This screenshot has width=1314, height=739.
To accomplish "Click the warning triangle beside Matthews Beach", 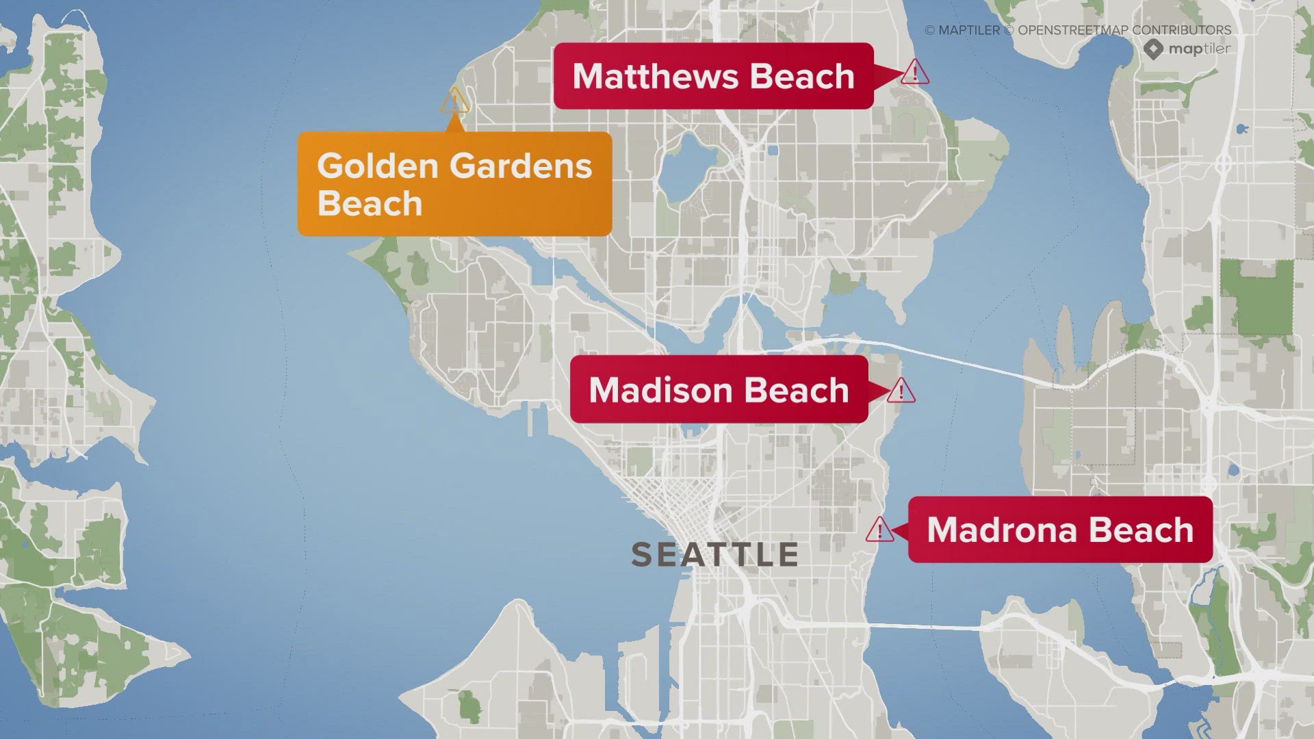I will (x=914, y=72).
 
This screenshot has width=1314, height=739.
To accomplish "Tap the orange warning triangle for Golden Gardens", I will (x=454, y=102).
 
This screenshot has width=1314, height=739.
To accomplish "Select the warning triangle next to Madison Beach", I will (x=901, y=391).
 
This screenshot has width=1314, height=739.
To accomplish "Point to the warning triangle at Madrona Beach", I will (x=879, y=530).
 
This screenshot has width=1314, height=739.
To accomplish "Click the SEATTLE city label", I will (x=714, y=554).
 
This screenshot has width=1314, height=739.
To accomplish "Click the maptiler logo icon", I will (x=1154, y=49).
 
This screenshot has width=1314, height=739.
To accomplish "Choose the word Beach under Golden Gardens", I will (x=370, y=204).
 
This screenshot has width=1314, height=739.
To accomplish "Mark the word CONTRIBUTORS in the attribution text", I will (x=1181, y=30).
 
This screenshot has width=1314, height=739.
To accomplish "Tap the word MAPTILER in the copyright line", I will (x=969, y=30).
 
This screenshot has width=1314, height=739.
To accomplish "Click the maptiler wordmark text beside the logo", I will (x=1199, y=49).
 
